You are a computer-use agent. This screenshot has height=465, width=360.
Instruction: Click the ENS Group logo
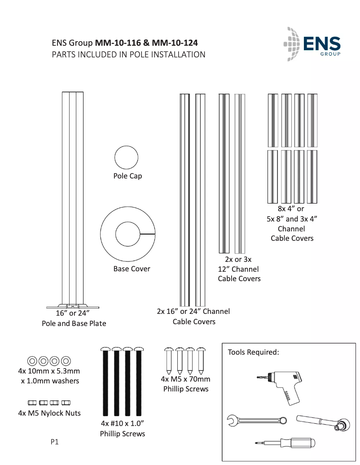coord(312,43)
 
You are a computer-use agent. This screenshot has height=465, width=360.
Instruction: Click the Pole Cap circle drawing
coord(126,158)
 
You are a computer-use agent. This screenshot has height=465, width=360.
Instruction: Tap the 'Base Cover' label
coord(132,269)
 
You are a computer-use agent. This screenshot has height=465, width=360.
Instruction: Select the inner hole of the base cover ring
coord(127,234)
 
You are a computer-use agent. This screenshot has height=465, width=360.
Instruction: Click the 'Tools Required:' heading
coord(254,352)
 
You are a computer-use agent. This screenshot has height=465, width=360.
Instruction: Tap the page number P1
coord(54,442)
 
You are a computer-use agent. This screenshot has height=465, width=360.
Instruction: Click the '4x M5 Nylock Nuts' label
coord(49,413)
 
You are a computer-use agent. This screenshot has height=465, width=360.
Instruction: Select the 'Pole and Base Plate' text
coord(74,323)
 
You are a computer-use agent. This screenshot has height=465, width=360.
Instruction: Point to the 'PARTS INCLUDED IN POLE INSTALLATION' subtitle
coord(128,55)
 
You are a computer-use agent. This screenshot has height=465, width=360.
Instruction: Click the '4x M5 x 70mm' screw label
coord(185,379)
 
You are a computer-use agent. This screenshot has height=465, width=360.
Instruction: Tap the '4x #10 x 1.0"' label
coord(122,424)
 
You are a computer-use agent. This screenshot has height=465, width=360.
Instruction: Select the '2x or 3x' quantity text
coord(238,260)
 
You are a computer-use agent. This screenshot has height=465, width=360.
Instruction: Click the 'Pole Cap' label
coord(127,176)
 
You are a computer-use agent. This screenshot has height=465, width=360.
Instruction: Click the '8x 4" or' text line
coord(291,209)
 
